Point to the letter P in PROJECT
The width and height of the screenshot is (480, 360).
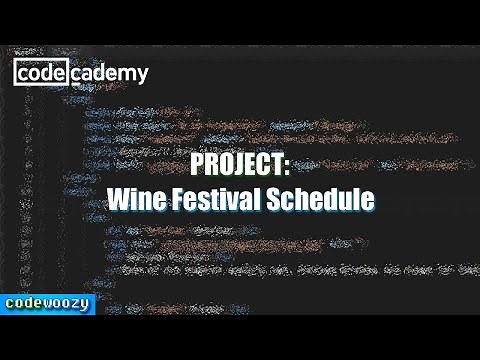197,167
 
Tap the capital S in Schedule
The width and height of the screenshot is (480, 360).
273,199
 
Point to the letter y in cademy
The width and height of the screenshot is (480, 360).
142,75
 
